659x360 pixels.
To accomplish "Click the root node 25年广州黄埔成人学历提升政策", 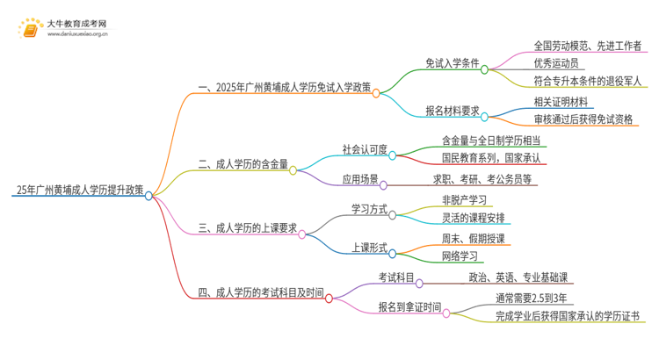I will tap(78, 189).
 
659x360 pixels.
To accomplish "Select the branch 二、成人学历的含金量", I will tap(243, 162).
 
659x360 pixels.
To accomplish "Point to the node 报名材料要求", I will tap(451, 111).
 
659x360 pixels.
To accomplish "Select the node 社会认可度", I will tap(363, 148).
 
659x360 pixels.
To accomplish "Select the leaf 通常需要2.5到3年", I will tap(533, 297).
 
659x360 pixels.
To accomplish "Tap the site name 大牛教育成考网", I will tap(77, 22).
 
